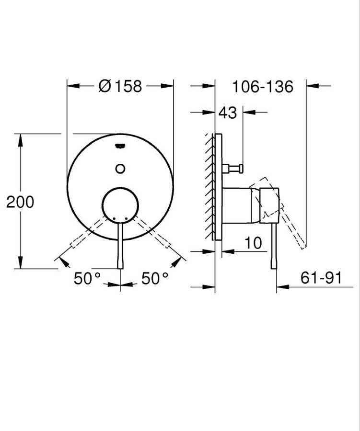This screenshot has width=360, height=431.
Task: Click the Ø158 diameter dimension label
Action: coord(120,86)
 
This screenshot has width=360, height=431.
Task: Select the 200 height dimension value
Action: coord(20,202)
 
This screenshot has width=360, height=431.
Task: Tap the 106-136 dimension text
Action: coord(262,87)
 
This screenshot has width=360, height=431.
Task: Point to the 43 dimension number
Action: coord(228,113)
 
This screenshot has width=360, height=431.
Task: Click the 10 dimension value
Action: coord(253,243)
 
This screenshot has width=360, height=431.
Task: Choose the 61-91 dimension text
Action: coord(321,278)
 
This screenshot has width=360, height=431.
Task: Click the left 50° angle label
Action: coord(87,279)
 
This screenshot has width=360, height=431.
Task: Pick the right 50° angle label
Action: coord(155,279)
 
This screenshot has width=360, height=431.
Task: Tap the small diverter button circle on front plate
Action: coord(120,168)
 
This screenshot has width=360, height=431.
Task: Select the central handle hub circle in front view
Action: coord(120,205)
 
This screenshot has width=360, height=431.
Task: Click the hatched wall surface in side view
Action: coord(209,187)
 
